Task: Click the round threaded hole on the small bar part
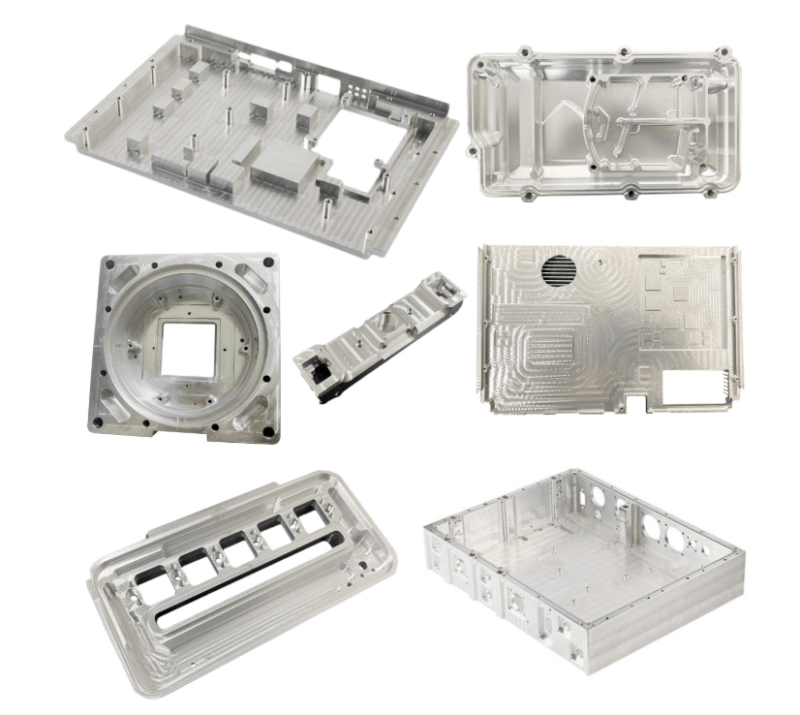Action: click(382, 321)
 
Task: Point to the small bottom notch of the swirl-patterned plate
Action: click(634, 398)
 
